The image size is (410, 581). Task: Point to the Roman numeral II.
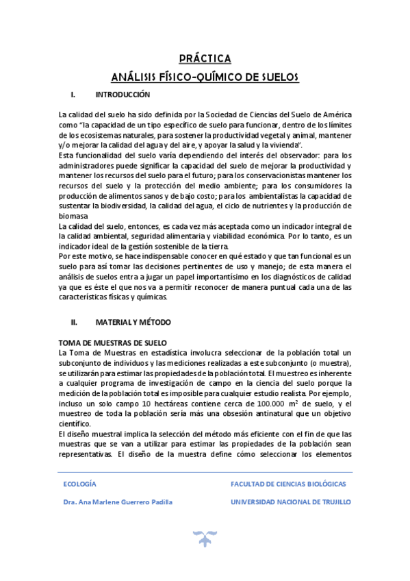point(75,321)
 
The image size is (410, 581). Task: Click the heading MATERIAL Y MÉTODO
point(133,321)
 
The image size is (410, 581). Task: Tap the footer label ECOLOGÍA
point(79,484)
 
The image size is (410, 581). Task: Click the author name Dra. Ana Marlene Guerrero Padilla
point(117,502)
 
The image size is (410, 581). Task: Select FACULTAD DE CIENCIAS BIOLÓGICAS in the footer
point(288,484)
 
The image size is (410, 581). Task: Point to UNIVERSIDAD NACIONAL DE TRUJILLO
point(291,502)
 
